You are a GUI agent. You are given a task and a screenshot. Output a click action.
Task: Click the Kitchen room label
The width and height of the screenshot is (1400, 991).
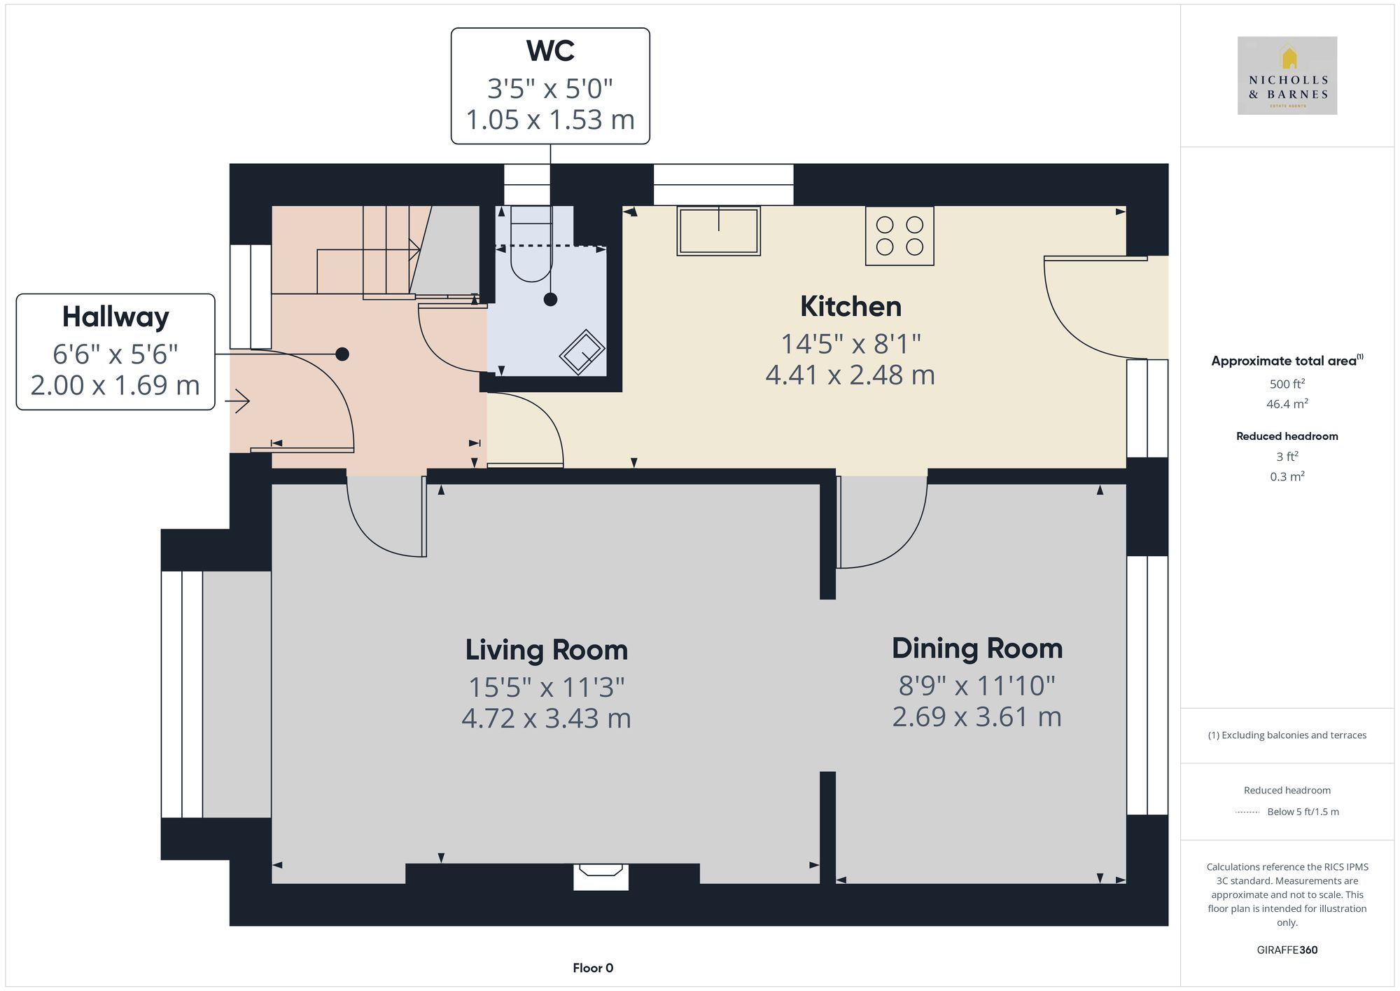coord(850,307)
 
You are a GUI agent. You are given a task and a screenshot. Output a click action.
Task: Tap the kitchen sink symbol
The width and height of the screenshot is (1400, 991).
coord(718,230)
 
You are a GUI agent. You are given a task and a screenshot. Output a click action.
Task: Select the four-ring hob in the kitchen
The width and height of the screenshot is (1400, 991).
coord(899,236)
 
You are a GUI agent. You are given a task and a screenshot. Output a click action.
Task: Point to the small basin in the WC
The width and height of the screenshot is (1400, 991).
coord(582,352)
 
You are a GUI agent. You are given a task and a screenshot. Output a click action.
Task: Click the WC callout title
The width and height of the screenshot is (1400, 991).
coord(550,51)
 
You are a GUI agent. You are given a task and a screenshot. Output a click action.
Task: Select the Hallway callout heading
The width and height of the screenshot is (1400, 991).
coord(115,317)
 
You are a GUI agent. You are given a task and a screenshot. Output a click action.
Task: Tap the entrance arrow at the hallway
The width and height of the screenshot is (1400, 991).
coord(239,401)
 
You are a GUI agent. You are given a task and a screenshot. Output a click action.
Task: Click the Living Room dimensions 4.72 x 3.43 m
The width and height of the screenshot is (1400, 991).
coord(546,719)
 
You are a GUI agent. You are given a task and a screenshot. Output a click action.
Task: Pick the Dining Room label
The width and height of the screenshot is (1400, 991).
coord(976,649)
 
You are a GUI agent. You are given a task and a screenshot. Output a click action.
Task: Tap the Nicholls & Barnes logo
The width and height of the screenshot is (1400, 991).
coord(1287,76)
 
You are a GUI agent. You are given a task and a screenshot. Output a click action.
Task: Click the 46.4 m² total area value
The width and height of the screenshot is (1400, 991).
coord(1287,404)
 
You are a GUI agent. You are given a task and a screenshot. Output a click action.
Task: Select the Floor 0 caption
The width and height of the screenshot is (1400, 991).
coord(592,968)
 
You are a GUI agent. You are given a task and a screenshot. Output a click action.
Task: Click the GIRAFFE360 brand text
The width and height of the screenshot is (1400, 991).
coord(1287,950)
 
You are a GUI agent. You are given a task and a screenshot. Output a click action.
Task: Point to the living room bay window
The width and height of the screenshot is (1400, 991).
coord(182,694)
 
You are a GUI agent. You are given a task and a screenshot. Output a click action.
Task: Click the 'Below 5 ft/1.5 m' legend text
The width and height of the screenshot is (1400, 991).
coord(1303,812)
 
